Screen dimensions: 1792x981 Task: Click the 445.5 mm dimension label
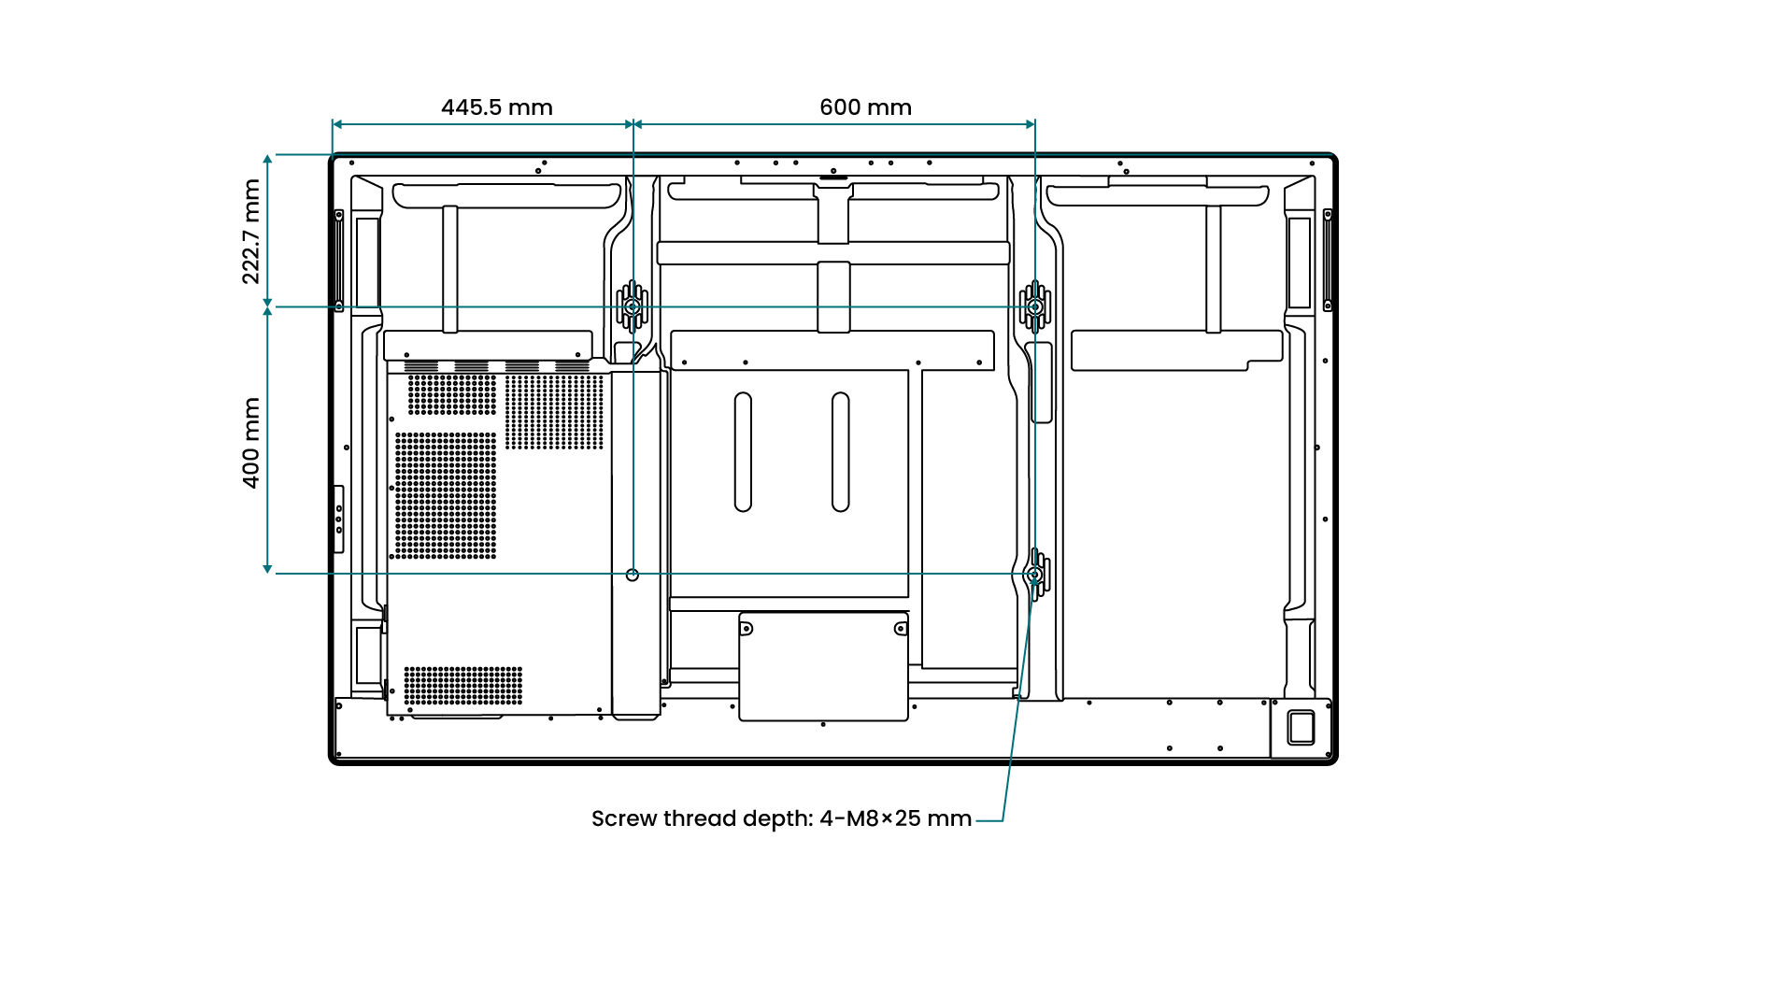pos(496,107)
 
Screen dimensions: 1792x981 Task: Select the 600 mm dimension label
pos(865,107)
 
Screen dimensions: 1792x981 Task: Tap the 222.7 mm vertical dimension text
pos(251,232)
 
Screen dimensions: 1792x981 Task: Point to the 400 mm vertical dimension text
pos(251,443)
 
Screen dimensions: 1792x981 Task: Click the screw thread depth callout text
pos(781,818)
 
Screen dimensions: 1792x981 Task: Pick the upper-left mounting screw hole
pos(633,306)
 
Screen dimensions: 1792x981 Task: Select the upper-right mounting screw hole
pos(1034,306)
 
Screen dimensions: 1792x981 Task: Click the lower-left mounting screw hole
pos(633,575)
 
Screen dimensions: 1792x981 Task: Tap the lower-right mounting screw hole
pos(1034,575)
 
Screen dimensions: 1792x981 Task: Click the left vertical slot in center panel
pos(743,452)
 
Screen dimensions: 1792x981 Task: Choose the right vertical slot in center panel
pos(840,452)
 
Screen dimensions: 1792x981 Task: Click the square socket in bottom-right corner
pos(1301,728)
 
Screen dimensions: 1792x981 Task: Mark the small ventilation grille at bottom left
pos(462,686)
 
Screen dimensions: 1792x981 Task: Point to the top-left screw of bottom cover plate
pos(747,629)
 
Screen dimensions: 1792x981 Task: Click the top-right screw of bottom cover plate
pos(900,629)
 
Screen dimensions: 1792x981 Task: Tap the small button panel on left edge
pos(338,519)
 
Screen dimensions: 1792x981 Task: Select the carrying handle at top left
pos(506,195)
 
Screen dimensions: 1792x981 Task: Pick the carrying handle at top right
pos(1157,195)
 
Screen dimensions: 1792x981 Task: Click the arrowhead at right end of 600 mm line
pos(1030,124)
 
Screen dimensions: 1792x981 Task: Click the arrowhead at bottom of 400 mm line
pos(267,568)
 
